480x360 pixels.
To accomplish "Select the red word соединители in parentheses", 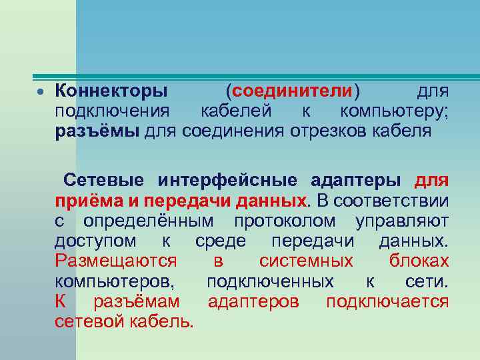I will pos(292,90).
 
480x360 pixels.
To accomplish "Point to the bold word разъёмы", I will pos(97,131).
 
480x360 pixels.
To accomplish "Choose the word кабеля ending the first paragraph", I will pos(403,131).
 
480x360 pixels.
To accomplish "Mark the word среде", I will pos(221,241).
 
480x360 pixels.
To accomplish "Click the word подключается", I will pos(387,301).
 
